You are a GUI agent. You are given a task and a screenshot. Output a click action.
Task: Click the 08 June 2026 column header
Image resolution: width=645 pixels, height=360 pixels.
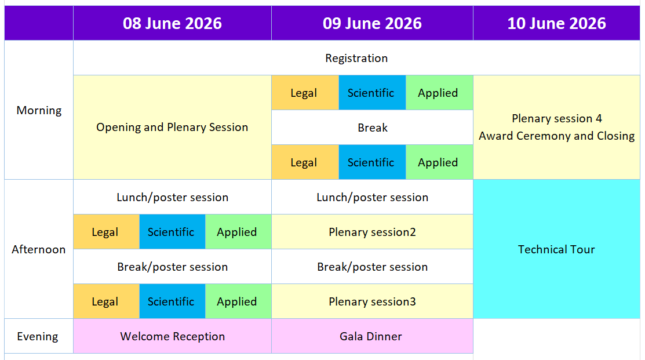[x=172, y=23]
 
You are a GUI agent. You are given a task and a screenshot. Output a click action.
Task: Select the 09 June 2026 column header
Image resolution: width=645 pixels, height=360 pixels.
[x=372, y=23]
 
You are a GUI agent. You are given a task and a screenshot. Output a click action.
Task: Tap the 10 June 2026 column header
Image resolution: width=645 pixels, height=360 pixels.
[x=556, y=23]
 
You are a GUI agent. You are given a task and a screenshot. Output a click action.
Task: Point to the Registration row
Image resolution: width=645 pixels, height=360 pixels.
[x=356, y=58]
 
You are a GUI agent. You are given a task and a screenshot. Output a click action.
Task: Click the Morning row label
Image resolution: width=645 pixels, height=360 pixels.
[x=39, y=110]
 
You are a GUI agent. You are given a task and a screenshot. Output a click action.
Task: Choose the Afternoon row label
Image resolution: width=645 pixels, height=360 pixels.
[x=39, y=249]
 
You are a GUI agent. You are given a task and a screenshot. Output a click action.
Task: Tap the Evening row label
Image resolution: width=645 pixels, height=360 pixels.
[x=38, y=336]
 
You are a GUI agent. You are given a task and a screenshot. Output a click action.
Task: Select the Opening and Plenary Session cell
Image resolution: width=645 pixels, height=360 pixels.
[x=172, y=127]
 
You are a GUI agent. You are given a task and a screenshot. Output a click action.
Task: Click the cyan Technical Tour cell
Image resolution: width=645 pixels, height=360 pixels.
[x=556, y=249]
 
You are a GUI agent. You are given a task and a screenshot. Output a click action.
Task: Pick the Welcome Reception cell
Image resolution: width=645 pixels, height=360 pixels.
[x=172, y=336]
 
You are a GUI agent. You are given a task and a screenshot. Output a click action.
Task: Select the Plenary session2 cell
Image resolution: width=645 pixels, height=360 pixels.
[x=372, y=232]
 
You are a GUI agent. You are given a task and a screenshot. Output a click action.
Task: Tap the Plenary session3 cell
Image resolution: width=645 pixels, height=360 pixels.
[x=372, y=301]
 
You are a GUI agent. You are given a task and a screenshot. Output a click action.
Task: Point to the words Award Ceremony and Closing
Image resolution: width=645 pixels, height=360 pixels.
[x=556, y=136]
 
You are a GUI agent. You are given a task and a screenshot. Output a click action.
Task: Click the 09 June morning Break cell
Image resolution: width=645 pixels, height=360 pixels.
[x=372, y=128]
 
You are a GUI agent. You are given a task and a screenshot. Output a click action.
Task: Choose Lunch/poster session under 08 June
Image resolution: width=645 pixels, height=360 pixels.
[x=172, y=197]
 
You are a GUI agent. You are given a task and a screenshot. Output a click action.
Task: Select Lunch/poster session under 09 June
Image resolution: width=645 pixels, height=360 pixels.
[x=372, y=197]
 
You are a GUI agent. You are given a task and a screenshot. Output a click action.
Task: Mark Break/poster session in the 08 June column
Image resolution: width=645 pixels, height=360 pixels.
[x=172, y=267]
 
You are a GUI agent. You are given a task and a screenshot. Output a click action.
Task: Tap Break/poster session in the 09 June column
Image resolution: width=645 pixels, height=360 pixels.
[x=372, y=267]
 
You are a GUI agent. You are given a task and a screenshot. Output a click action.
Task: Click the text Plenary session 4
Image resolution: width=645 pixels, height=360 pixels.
[x=556, y=118]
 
